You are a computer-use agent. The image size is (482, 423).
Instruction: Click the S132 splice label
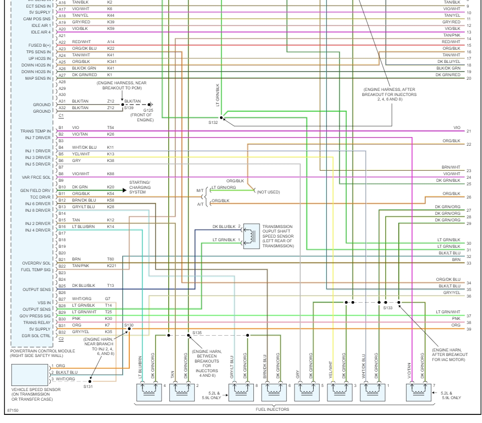212,122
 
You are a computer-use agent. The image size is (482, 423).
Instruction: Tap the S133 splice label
388,308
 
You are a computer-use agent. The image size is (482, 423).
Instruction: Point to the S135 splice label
197,333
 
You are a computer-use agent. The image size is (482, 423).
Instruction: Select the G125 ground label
148,110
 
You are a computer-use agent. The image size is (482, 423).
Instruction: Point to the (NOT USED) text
268,192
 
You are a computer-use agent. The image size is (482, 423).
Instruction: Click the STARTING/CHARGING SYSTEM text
140,187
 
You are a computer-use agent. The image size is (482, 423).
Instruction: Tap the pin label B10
61,187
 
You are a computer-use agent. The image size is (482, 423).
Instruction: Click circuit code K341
112,62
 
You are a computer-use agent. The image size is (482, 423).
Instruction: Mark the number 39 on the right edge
469,330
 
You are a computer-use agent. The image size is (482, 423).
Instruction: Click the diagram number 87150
12,408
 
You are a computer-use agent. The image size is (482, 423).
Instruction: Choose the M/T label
200,191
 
